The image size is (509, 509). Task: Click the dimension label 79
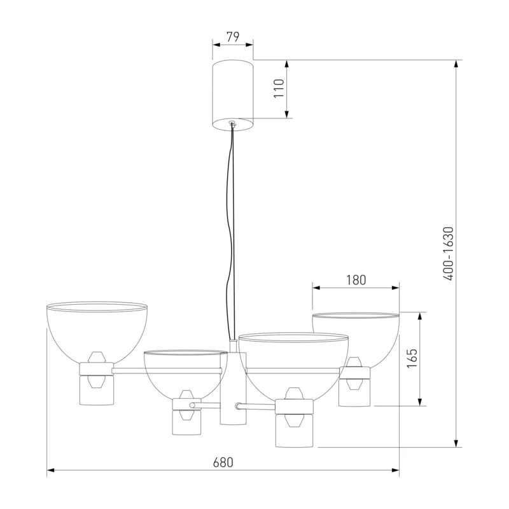[x=233, y=37]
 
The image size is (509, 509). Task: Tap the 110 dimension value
[x=279, y=88]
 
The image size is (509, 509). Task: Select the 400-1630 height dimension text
[x=449, y=253]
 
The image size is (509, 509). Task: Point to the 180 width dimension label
[x=356, y=280]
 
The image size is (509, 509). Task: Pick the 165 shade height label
[x=412, y=358]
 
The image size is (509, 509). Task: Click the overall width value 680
[x=223, y=463]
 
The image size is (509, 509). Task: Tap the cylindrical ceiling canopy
[x=233, y=94]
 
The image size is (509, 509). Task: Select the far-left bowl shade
[x=97, y=335]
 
